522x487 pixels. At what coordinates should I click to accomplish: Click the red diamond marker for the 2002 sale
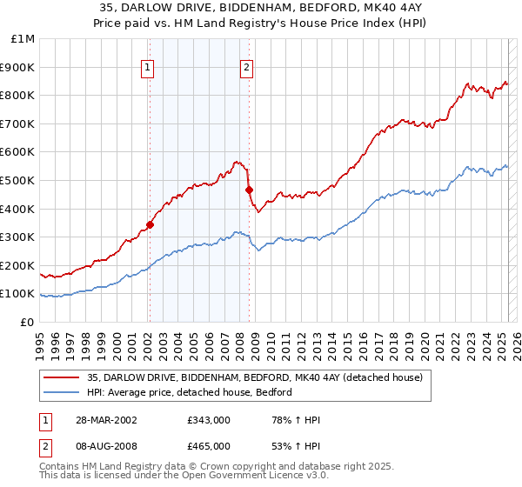coord(150,224)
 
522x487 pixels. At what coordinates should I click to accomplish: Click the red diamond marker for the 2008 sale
coord(249,190)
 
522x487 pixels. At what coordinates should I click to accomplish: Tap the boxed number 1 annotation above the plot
coord(148,67)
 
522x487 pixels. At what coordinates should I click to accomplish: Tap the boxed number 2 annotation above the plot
coord(247,67)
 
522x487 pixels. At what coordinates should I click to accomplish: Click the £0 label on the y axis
coord(26,322)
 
